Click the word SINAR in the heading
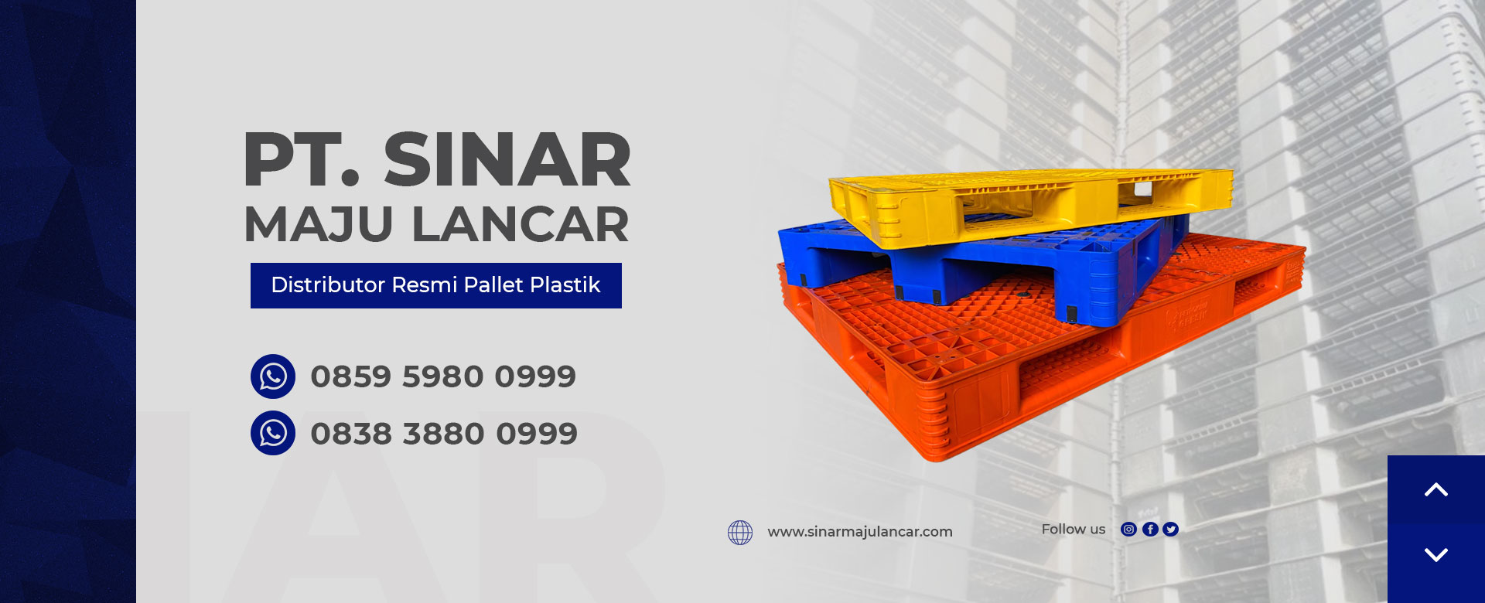point(507,160)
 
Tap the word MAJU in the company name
point(319,224)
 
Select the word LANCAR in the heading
point(520,224)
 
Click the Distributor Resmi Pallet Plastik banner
point(436,285)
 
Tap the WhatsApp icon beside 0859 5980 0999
point(273,376)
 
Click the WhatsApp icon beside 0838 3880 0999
point(273,433)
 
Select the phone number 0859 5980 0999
point(443,376)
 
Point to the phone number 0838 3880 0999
point(444,434)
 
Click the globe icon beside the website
point(740,532)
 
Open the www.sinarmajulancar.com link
point(860,532)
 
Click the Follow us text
point(1074,530)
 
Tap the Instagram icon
point(1129,530)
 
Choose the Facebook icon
point(1150,530)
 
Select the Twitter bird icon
point(1171,530)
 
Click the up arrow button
point(1436,489)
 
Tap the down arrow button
point(1436,555)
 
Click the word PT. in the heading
point(302,160)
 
